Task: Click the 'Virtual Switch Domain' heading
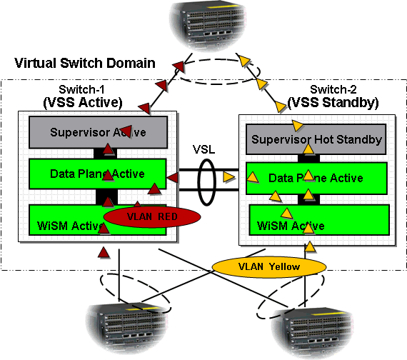point(85,63)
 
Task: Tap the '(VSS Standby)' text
point(333,102)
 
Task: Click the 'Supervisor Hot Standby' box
point(316,140)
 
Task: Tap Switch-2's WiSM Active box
point(316,225)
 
